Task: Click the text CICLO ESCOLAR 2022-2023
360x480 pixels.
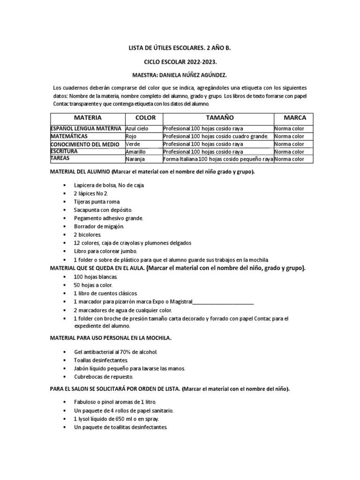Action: point(180,62)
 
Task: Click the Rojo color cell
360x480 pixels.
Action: point(131,136)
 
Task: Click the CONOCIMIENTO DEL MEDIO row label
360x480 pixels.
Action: point(86,144)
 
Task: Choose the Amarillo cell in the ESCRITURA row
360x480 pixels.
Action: point(136,152)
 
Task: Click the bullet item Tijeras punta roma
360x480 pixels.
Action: point(94,202)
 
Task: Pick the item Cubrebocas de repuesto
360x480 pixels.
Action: point(104,377)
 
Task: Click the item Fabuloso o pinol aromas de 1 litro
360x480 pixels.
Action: point(115,402)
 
